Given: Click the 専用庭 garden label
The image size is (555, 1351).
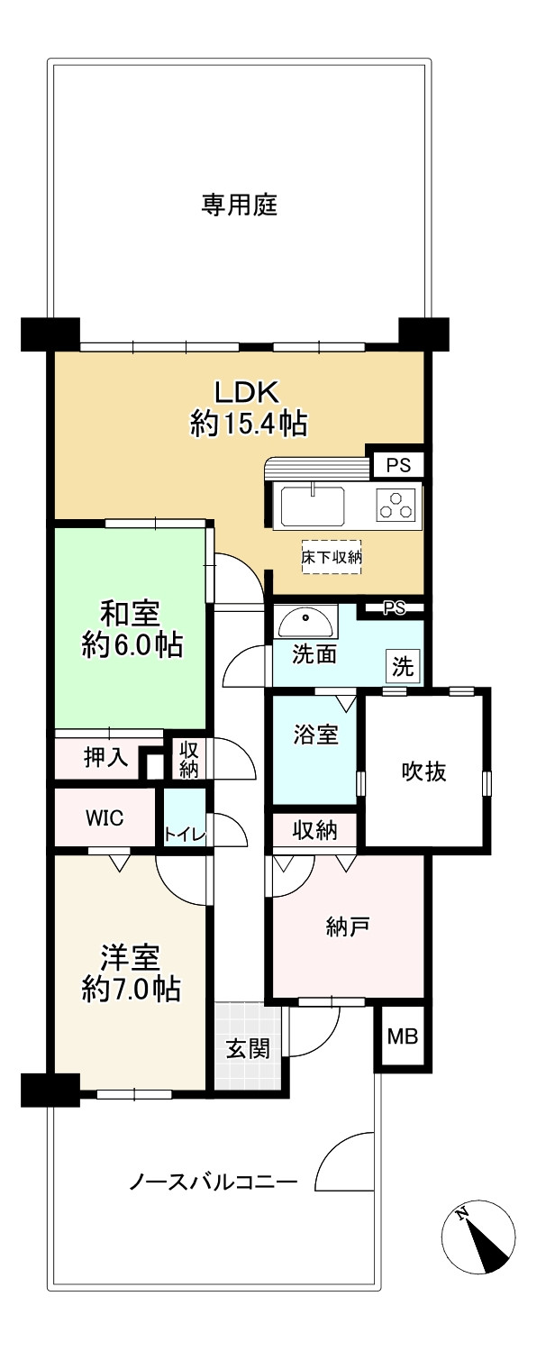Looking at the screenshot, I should [239, 206].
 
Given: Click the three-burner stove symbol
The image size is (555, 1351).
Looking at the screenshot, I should [397, 505].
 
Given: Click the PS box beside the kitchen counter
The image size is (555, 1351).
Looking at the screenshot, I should [398, 466].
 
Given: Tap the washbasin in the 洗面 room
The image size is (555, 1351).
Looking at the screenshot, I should [306, 621].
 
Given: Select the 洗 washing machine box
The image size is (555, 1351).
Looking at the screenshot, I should [403, 667].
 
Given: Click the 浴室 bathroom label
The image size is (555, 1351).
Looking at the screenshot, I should [315, 735].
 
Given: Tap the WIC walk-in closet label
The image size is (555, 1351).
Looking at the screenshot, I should [105, 817].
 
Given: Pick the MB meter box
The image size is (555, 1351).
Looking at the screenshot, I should [403, 1036].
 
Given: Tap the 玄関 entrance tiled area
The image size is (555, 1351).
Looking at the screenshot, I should [246, 1049].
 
